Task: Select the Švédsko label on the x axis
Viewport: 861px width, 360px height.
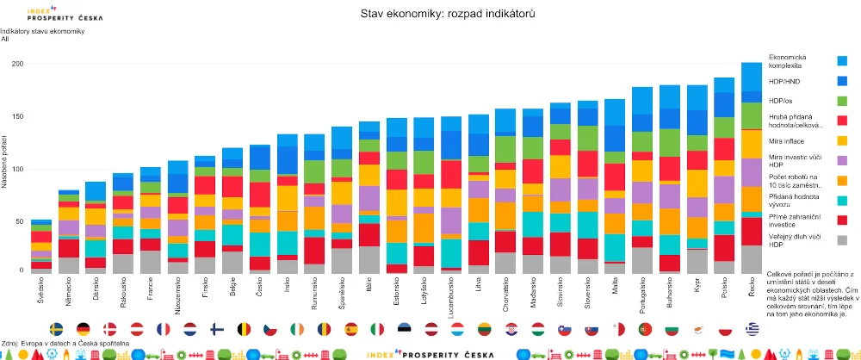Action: coord(41,289)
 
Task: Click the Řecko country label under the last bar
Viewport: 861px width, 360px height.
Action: coord(752,286)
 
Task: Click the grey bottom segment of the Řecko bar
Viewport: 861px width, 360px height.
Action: coord(752,259)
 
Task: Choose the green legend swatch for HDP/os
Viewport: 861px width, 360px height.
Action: coord(842,101)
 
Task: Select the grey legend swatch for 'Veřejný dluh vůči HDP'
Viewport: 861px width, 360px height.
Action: coord(842,239)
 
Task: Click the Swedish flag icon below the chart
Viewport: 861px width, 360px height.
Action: coord(57,329)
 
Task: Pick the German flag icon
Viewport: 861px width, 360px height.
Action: coord(83,329)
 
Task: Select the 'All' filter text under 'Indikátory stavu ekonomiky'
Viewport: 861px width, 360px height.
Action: coord(5,39)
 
